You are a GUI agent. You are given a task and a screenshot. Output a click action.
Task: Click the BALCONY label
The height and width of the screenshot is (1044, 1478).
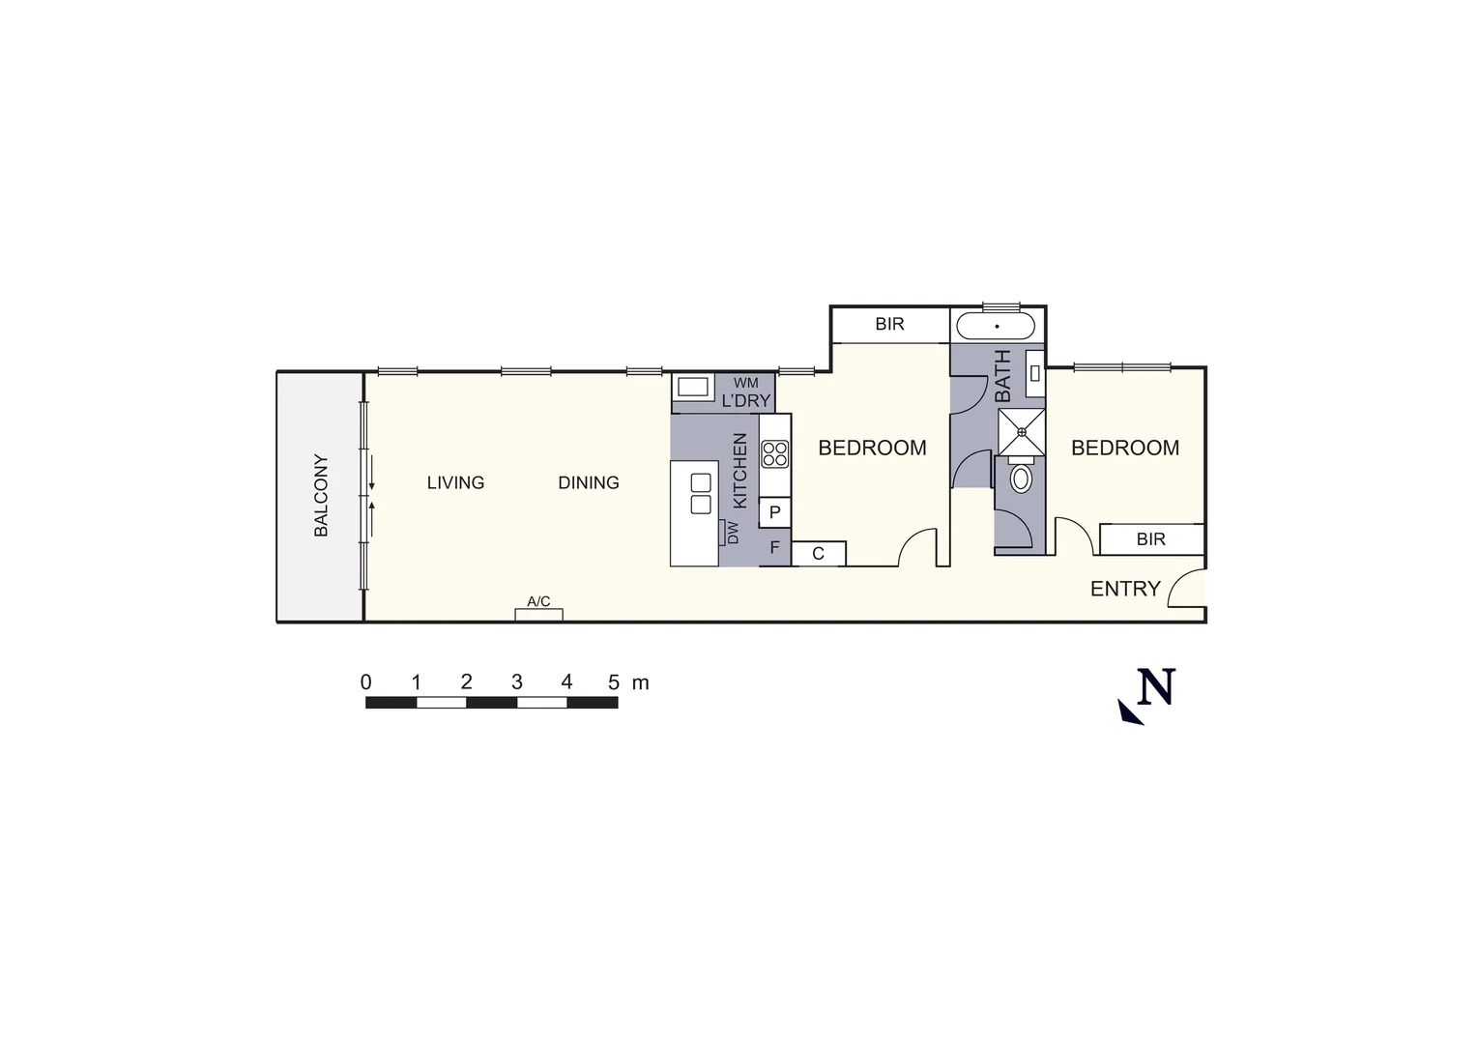pos(321,495)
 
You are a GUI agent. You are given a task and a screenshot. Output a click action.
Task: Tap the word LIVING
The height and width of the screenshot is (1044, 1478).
pos(455,482)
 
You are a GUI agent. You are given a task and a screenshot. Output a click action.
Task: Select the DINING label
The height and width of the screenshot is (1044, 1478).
pos(589,482)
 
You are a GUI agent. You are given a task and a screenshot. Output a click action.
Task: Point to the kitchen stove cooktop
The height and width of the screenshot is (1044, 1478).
pos(774,453)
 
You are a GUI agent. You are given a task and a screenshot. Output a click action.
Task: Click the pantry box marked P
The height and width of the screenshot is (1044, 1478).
pos(774,512)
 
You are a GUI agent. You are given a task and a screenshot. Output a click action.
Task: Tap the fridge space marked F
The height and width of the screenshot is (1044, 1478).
pos(774,547)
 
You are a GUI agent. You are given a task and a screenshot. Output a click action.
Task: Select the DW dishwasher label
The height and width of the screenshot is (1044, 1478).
pos(732,533)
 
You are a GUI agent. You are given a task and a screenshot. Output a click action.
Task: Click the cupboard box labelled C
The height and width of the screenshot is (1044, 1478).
pos(818,554)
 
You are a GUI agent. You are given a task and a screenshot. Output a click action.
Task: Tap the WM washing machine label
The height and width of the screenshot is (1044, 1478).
pos(745,384)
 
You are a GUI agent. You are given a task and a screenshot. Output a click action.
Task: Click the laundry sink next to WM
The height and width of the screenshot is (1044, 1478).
pos(692,387)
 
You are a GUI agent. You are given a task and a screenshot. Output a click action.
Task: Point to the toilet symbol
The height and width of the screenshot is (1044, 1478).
pos(1021,478)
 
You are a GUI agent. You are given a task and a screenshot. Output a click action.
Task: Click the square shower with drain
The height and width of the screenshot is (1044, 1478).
pos(1021,431)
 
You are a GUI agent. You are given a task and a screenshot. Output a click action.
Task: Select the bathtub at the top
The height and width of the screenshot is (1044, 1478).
pos(997,326)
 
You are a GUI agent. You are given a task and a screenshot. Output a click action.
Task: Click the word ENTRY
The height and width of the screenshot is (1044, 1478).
pos(1125,589)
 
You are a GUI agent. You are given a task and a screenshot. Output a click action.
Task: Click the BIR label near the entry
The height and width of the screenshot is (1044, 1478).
pos(1150,539)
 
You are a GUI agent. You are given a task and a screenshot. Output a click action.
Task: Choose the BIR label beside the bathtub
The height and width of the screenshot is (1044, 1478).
pos(889,324)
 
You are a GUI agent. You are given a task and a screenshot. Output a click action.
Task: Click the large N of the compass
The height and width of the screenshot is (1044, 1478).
pos(1156,687)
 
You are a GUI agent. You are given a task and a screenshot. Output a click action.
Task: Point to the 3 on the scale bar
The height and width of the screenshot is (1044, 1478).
pos(516,682)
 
